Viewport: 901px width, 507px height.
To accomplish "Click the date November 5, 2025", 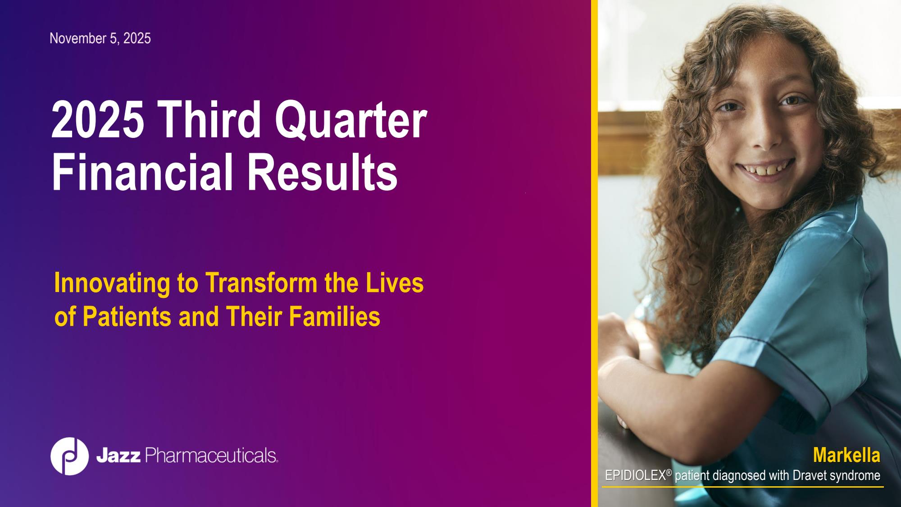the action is pos(100,39).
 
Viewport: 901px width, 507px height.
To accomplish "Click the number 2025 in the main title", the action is pos(98,119).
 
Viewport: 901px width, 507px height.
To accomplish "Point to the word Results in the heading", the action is pos(322,172).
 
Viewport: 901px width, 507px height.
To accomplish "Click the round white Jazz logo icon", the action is pos(69,456).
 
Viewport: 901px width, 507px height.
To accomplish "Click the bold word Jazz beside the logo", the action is pos(118,456).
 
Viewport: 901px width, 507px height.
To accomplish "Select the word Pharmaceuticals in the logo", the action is pos(211,456).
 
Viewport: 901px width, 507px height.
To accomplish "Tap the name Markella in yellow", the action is pos(846,455).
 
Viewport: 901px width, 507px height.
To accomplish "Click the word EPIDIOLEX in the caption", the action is pos(636,475).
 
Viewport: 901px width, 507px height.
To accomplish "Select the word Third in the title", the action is pos(209,119).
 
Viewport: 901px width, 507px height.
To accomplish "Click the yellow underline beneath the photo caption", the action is pos(743,487).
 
